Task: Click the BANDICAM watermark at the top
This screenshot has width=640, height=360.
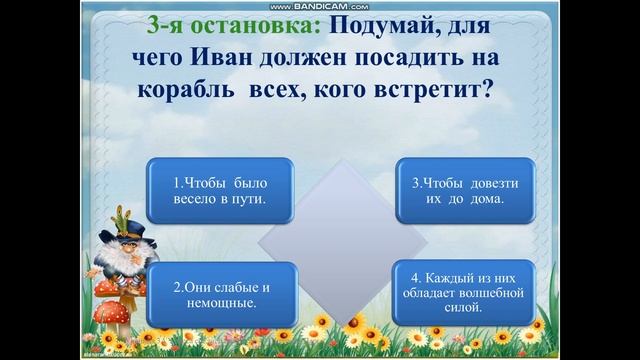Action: (319, 6)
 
